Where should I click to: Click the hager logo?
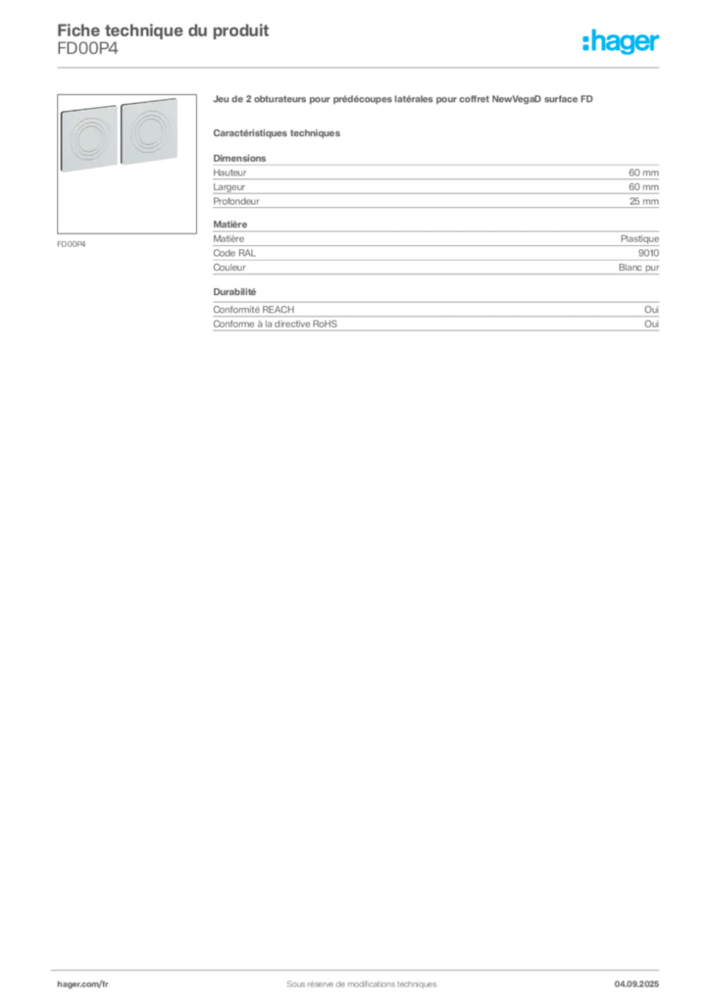621,41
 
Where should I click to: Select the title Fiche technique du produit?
163,30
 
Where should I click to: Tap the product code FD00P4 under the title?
87,48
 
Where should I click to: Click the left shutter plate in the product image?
89,138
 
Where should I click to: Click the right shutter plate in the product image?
149,131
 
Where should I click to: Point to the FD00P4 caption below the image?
71,244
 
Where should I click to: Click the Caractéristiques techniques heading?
277,133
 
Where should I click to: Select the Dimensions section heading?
239,158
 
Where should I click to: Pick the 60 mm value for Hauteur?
643,173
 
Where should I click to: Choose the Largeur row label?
229,187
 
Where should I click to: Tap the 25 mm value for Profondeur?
644,201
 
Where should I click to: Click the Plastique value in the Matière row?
639,239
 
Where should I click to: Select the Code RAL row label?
234,253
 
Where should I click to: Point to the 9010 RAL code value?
648,253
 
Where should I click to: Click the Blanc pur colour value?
639,268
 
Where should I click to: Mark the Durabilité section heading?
234,292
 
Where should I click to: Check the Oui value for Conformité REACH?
652,309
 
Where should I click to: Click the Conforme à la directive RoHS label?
276,324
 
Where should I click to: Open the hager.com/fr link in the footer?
82,984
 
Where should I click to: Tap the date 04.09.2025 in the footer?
636,984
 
